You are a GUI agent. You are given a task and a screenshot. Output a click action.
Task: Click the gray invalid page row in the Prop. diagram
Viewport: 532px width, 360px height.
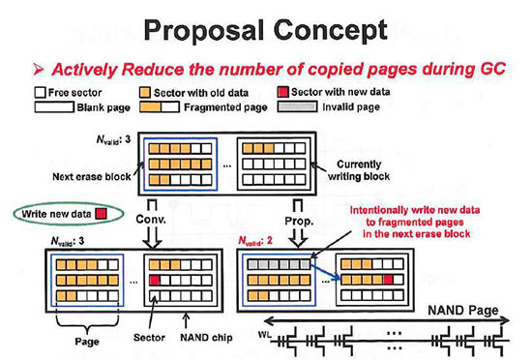pyautogui.click(x=280, y=262)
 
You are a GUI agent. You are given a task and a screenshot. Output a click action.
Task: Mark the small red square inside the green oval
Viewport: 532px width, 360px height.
pyautogui.click(x=104, y=211)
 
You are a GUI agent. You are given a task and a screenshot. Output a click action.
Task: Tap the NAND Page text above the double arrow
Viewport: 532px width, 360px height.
pyautogui.click(x=461, y=312)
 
